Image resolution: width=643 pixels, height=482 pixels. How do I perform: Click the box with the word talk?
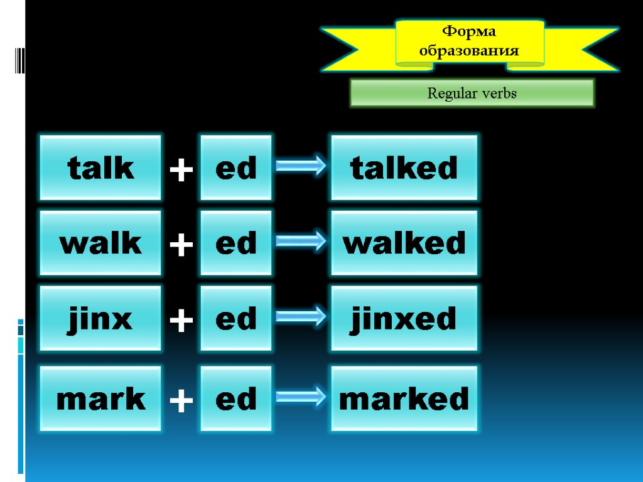(100, 168)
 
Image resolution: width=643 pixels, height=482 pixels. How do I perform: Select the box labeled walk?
(100, 243)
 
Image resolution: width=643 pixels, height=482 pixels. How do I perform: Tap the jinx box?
(100, 318)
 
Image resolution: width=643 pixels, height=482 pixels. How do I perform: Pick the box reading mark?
(100, 399)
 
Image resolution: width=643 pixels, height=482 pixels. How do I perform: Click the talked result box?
(404, 168)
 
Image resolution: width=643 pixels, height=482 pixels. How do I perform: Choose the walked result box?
(404, 243)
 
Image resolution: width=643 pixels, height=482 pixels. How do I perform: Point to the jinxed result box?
(404, 318)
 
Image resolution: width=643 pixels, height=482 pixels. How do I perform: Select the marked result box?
(404, 399)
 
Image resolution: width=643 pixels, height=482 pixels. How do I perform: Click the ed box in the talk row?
(236, 168)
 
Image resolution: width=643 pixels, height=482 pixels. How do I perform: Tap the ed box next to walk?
(236, 243)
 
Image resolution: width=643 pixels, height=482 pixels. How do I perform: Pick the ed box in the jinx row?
(236, 318)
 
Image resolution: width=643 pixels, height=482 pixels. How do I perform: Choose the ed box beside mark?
(236, 399)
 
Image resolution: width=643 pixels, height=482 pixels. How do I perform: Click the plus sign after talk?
(181, 170)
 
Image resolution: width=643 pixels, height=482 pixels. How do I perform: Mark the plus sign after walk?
(181, 245)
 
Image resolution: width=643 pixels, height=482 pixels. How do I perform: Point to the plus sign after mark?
(181, 401)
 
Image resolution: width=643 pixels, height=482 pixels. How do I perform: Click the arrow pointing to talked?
(301, 166)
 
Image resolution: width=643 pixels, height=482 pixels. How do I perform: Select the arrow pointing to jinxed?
(301, 316)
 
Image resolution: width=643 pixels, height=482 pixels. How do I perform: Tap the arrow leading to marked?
(301, 397)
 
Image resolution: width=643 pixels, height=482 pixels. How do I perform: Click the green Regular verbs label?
(472, 94)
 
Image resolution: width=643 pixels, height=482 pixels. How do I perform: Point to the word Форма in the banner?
(469, 31)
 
